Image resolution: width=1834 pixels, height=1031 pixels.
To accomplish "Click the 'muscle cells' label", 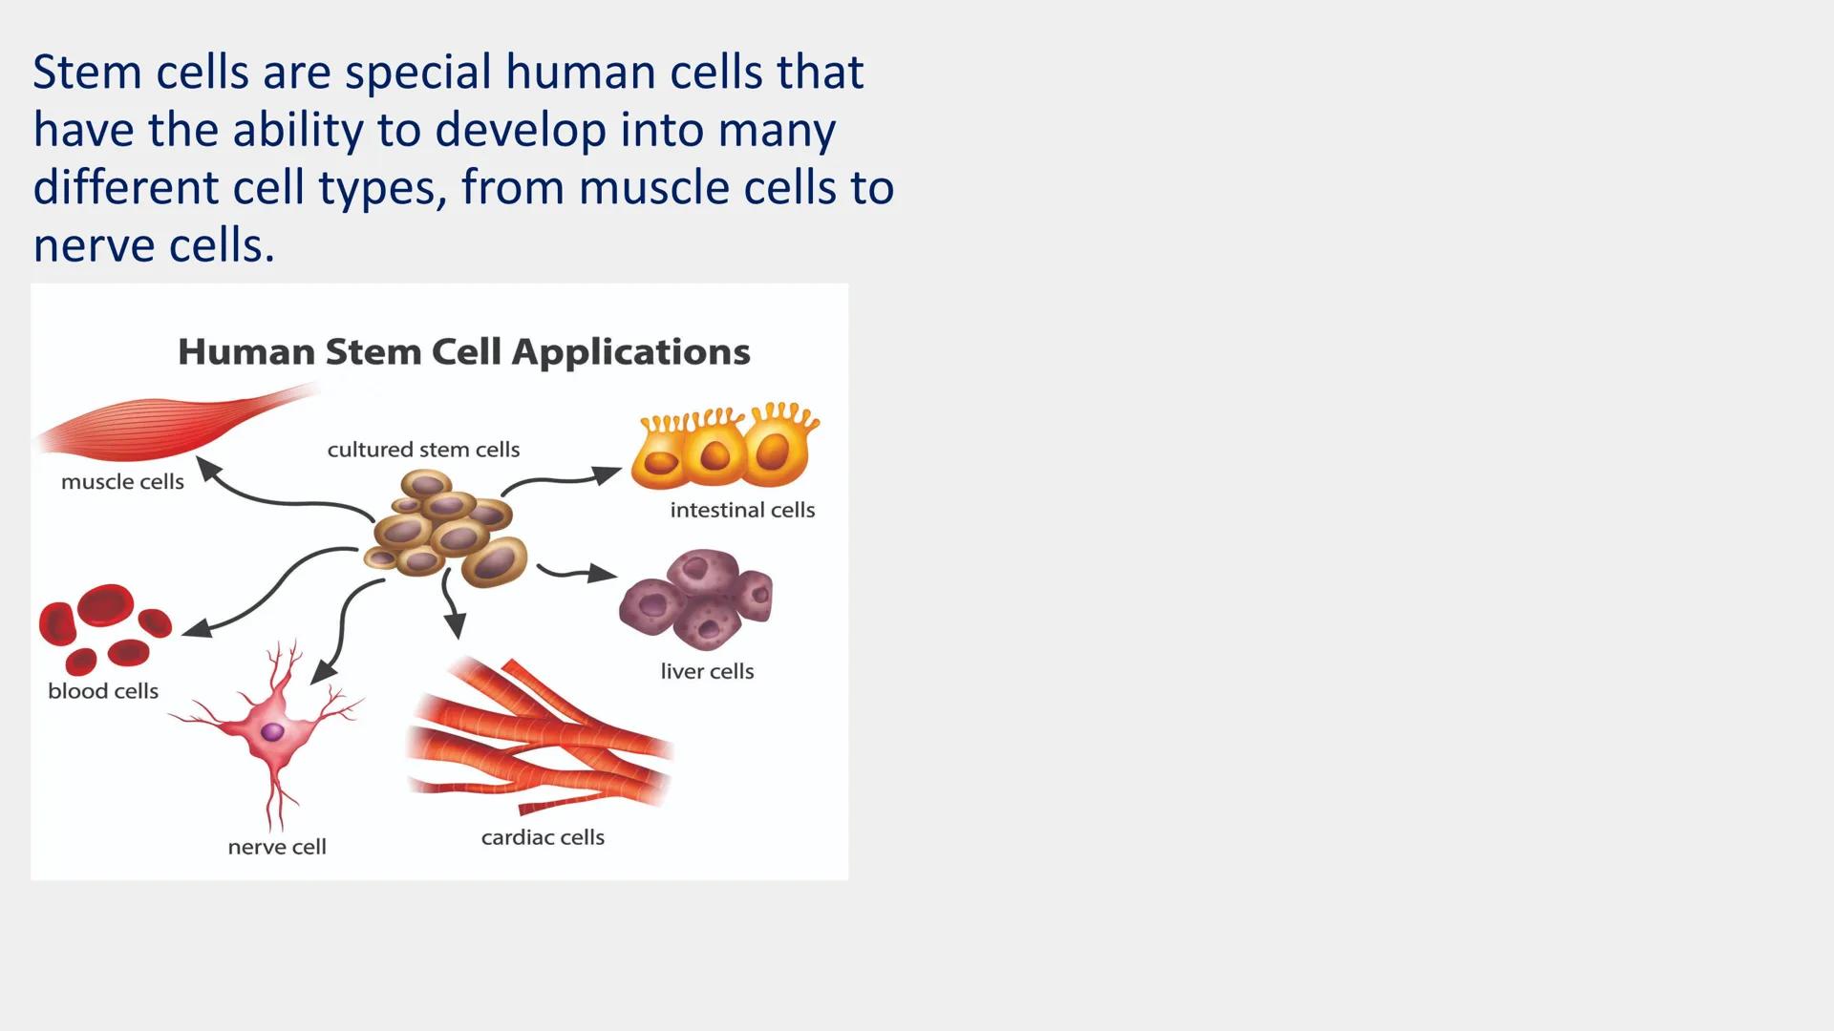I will pyautogui.click(x=122, y=482).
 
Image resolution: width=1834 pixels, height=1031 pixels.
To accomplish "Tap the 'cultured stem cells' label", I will pyautogui.click(x=423, y=450).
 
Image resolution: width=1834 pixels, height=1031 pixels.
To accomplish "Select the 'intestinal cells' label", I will pyautogui.click(x=742, y=510).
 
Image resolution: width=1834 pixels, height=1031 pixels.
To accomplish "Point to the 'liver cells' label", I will pyautogui.click(x=707, y=671).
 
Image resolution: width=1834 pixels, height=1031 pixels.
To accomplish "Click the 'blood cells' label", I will pyautogui.click(x=103, y=691).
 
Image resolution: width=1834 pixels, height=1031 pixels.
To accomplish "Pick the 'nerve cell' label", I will pyautogui.click(x=277, y=847).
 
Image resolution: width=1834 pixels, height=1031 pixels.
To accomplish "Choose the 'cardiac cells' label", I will pyautogui.click(x=543, y=837).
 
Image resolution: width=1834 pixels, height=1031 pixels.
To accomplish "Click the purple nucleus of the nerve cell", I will pyautogui.click(x=273, y=732).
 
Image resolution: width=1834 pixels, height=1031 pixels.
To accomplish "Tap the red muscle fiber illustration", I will pyautogui.click(x=172, y=425).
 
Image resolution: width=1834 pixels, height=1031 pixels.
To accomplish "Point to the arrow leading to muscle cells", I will pyautogui.click(x=277, y=497).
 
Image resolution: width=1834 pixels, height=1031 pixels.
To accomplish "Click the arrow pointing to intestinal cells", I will pyautogui.click(x=564, y=478).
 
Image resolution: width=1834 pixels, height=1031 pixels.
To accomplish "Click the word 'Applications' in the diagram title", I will pyautogui.click(x=630, y=352).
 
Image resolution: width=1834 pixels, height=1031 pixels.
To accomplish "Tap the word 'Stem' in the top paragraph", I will pyautogui.click(x=87, y=73).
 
